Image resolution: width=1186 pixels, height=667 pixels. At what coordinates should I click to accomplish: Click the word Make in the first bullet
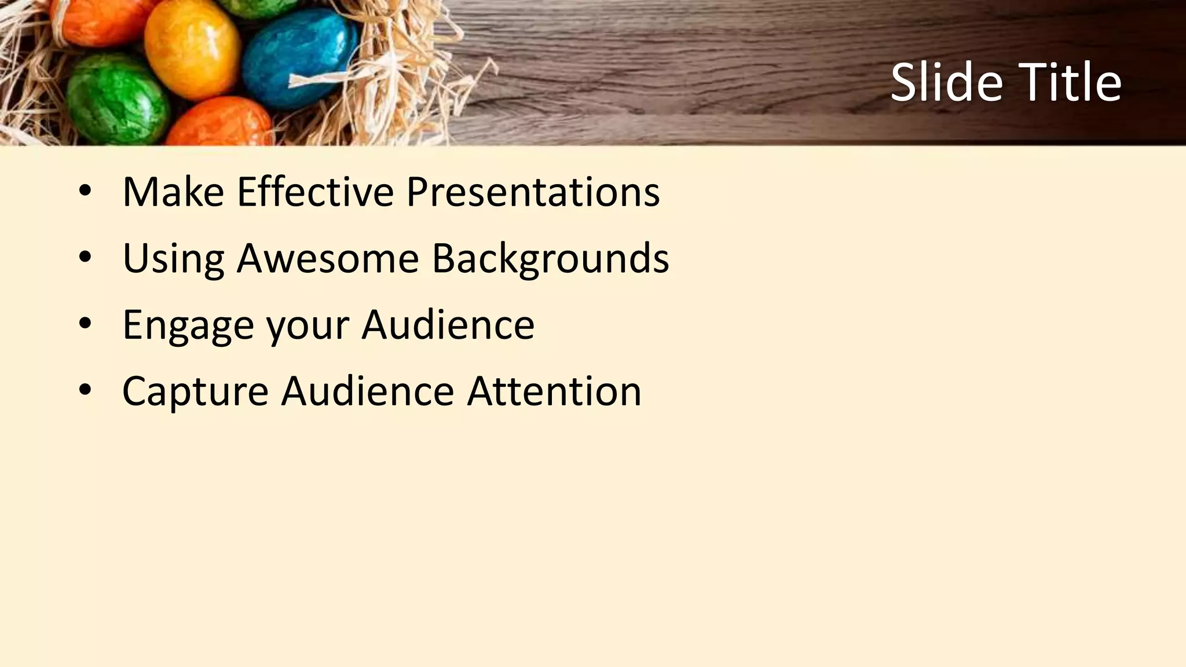[173, 192]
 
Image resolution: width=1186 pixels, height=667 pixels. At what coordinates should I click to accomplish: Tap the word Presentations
[533, 192]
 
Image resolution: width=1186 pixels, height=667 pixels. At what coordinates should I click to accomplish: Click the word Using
[173, 258]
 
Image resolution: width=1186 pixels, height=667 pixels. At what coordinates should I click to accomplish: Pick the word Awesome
[328, 258]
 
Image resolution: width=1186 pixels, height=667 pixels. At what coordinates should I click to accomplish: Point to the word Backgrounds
[550, 258]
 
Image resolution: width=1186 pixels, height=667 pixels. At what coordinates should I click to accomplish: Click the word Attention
[554, 391]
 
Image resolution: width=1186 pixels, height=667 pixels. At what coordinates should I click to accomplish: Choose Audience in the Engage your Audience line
[448, 325]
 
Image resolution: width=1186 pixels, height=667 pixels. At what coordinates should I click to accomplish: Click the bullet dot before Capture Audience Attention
[85, 392]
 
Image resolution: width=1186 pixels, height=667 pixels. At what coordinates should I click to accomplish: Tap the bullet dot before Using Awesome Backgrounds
[85, 259]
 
